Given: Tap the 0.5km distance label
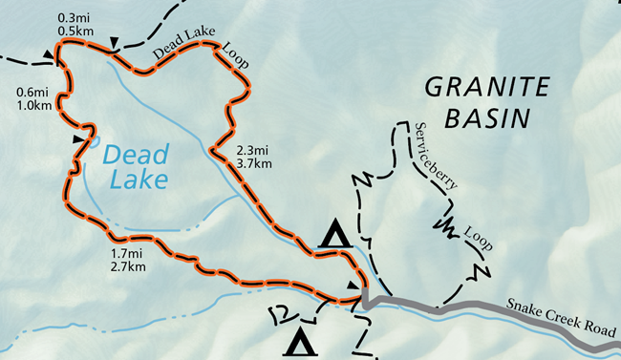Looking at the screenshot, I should click(x=74, y=31).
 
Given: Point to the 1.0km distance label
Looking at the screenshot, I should click(x=33, y=105).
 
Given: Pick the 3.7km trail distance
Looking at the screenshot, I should click(x=254, y=163).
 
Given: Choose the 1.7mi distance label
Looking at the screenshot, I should click(x=127, y=254).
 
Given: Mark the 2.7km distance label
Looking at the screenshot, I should click(x=127, y=267).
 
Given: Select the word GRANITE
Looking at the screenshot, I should click(x=488, y=88).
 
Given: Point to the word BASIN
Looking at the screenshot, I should click(x=489, y=118).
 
